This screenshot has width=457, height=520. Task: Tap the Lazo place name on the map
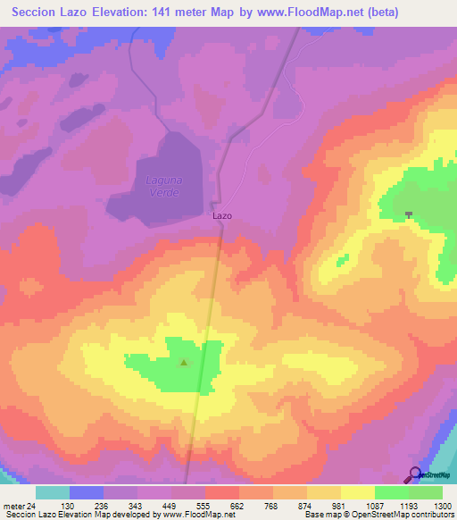coord(222,215)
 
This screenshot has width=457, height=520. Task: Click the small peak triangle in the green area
coord(185,363)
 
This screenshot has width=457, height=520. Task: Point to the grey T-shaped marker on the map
coord(409,214)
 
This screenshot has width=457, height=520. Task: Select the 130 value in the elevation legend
coord(66,505)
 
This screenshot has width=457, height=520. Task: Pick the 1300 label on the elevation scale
coord(443,505)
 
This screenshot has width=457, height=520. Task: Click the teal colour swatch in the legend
coord(53,492)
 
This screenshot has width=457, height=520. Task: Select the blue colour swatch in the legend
coord(87,492)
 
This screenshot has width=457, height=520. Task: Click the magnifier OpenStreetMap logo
coord(415,475)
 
